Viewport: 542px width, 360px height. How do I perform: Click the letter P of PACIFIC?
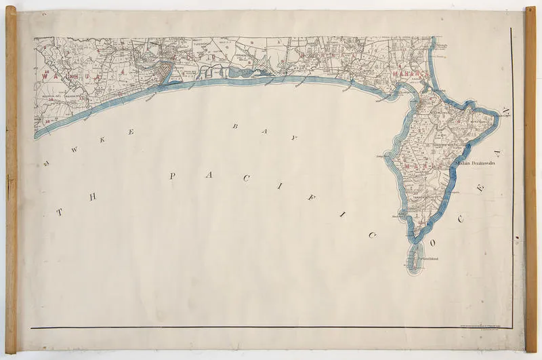pyautogui.click(x=172, y=176)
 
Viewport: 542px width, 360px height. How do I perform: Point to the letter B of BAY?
pyautogui.click(x=235, y=126)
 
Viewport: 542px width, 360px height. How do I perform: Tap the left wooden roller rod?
pyautogui.click(x=11, y=180)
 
